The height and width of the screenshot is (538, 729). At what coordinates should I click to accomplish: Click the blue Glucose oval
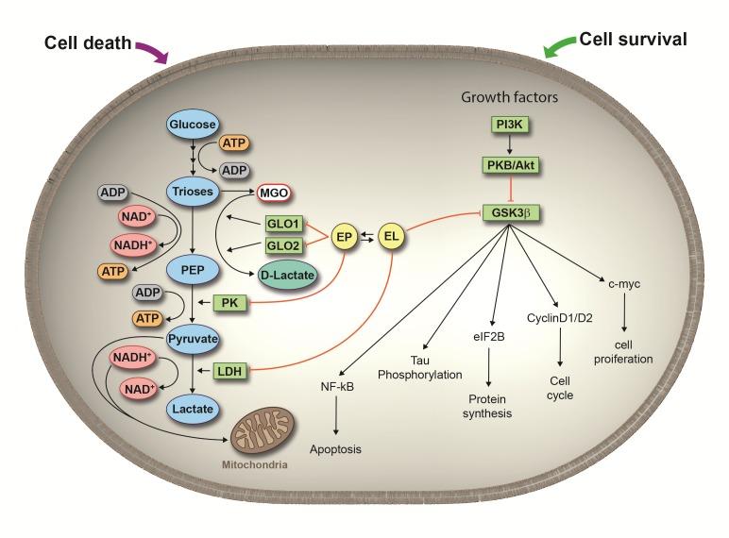pos(193,124)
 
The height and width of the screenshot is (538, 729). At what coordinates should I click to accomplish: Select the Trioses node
pos(193,191)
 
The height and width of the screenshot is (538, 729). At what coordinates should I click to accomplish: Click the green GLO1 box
pos(282,224)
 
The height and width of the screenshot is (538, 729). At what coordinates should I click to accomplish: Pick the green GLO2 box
pos(282,244)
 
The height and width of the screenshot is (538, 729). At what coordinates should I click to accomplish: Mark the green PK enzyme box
pos(231,303)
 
